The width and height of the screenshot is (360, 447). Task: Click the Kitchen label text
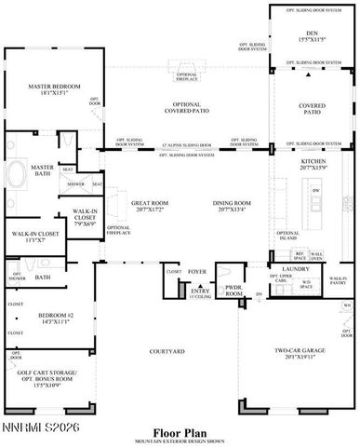click(x=312, y=162)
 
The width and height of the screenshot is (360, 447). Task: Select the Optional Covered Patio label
click(x=185, y=108)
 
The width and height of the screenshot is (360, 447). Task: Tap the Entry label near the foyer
click(x=199, y=291)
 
